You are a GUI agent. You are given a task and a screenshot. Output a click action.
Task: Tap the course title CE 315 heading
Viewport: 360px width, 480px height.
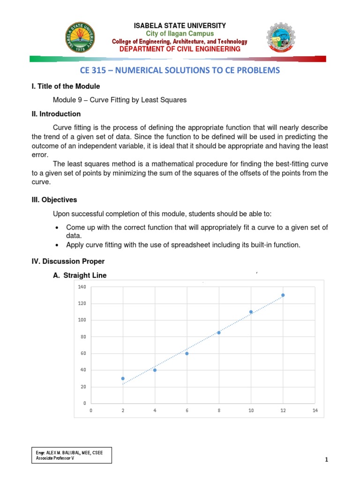[x=180, y=70]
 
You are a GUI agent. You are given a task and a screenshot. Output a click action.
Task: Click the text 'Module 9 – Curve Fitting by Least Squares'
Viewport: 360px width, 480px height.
[x=120, y=100]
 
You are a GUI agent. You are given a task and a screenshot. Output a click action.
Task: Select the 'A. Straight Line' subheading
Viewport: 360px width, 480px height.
[x=80, y=276]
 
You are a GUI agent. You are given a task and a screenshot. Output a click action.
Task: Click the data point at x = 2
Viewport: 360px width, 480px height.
[x=123, y=378]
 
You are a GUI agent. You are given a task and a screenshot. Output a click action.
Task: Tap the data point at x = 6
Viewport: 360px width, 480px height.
[x=187, y=353]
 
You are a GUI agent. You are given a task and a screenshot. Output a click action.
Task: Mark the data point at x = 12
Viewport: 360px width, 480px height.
[x=283, y=295]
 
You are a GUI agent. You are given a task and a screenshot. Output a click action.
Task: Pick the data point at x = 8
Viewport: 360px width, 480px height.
[x=219, y=332]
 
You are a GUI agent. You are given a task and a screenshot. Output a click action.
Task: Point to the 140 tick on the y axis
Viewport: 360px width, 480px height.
[x=82, y=287]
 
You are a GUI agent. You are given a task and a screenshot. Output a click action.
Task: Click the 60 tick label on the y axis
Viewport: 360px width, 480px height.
[x=83, y=353]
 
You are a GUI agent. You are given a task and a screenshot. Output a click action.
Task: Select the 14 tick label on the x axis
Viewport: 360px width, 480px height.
[x=315, y=410]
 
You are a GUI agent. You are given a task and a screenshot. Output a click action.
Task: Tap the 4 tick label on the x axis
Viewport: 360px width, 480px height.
[x=155, y=410]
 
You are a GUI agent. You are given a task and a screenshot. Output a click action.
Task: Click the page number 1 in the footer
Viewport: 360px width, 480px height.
[x=326, y=460]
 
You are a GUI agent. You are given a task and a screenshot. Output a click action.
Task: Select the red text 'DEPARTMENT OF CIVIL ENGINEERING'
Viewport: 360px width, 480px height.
[x=180, y=49]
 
